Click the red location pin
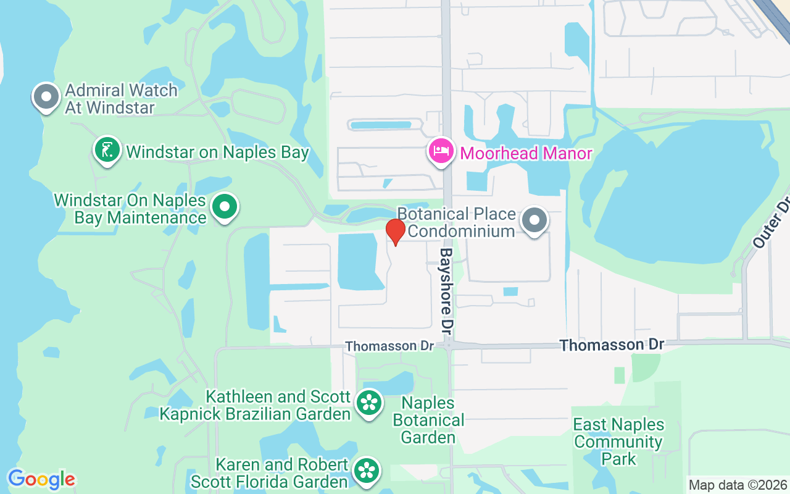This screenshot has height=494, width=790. pyautogui.click(x=395, y=232)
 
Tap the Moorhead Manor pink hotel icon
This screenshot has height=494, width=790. pyautogui.click(x=442, y=151)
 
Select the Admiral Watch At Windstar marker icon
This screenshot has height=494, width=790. pyautogui.click(x=46, y=96)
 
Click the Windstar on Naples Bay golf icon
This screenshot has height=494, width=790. pyautogui.click(x=108, y=150)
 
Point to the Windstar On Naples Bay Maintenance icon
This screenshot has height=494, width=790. pyautogui.click(x=225, y=207)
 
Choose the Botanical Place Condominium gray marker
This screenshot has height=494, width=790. pyautogui.click(x=534, y=220)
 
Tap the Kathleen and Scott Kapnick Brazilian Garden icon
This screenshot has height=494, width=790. pyautogui.click(x=369, y=403)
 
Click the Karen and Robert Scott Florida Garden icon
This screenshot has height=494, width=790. pyautogui.click(x=367, y=471)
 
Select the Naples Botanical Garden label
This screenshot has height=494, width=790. pyautogui.click(x=428, y=420)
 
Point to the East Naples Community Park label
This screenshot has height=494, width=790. pyautogui.click(x=618, y=442)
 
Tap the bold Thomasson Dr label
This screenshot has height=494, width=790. pyautogui.click(x=612, y=345)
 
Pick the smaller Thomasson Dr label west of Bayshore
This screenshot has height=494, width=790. pyautogui.click(x=389, y=346)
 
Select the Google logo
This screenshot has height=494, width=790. pyautogui.click(x=41, y=479)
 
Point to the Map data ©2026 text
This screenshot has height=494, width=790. pyautogui.click(x=738, y=485)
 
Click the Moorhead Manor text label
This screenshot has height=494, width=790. pyautogui.click(x=526, y=153)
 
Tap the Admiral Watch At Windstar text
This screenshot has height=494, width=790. pyautogui.click(x=121, y=99)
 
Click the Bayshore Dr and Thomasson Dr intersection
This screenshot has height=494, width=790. pyautogui.click(x=449, y=345)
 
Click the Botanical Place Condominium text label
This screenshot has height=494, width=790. pyautogui.click(x=457, y=222)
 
